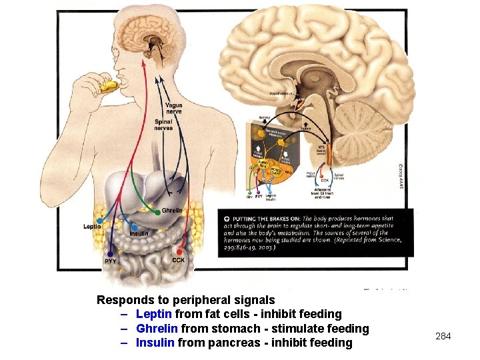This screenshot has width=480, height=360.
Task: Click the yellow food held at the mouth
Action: (x=109, y=85)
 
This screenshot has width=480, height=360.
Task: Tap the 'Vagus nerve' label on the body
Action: (x=173, y=108)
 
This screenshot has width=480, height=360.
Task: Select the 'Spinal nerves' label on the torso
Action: (x=163, y=125)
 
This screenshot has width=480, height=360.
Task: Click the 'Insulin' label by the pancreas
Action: (x=139, y=233)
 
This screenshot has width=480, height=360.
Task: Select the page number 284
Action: (x=443, y=336)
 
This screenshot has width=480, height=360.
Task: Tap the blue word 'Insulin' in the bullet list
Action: (x=155, y=343)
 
